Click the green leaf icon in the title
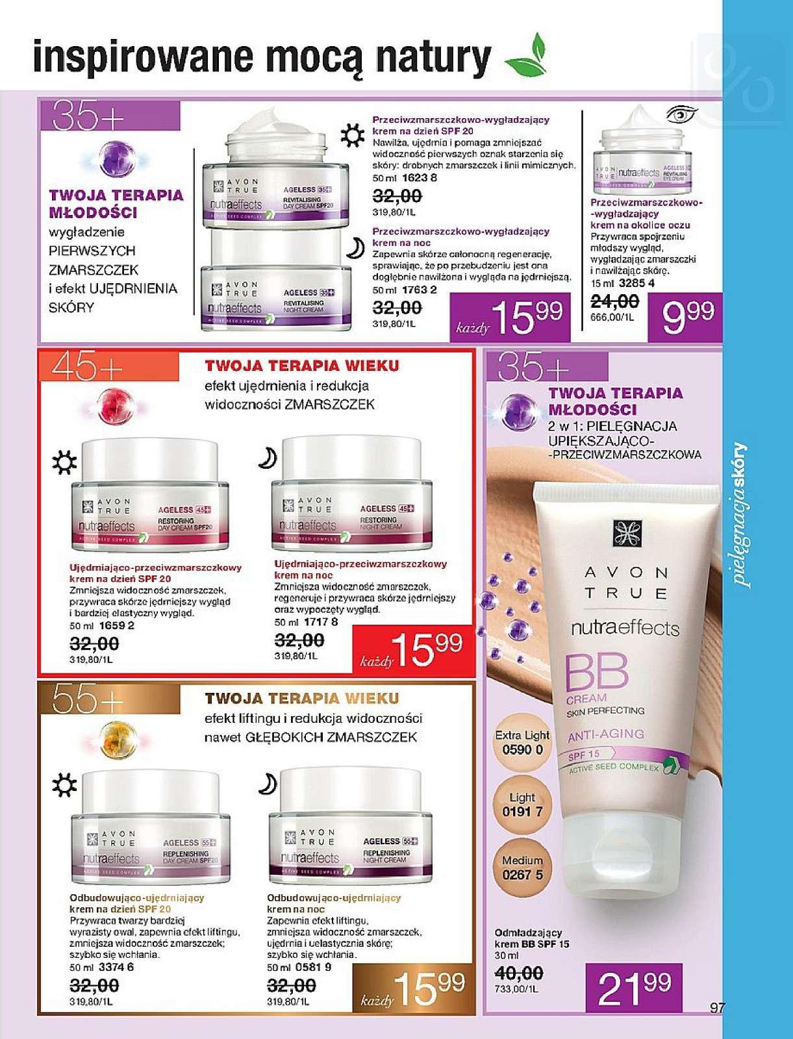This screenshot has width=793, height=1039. coord(527,56)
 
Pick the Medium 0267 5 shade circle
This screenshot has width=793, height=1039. coord(522,868)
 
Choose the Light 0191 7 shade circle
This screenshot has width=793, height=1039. coord(522,805)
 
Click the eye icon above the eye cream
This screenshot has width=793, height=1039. coord(681,115)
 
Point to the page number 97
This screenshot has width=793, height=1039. coord(717,1008)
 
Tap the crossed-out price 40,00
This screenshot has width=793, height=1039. coord(519,973)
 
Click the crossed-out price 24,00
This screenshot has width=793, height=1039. coord(614,301)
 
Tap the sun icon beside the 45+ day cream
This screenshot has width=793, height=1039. coord(64,463)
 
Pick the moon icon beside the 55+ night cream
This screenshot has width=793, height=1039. coord(267,784)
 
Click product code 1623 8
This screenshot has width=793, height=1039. coord(420,177)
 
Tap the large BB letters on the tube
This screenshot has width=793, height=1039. coord(596,673)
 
